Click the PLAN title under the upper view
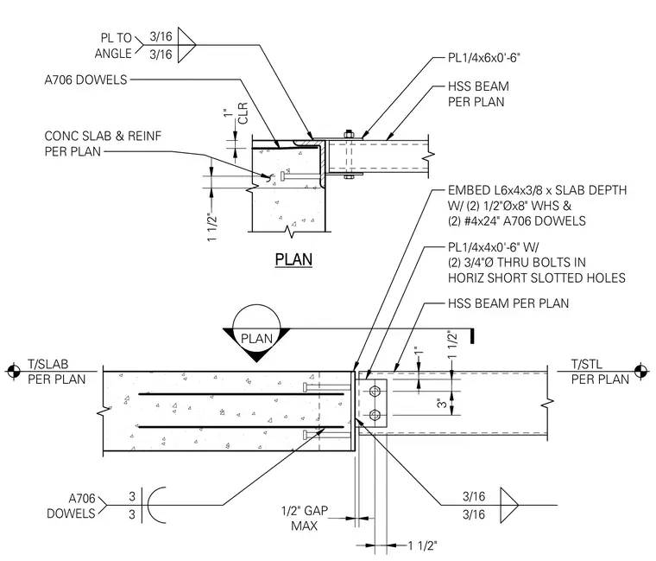tap(293, 259)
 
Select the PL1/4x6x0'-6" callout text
tap(483, 57)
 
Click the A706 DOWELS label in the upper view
tap(85, 80)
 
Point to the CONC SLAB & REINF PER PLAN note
tap(103, 143)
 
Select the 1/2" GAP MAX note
tap(305, 518)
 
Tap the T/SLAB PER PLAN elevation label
tap(56, 372)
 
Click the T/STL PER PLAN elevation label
tap(600, 372)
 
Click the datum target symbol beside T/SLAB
tap(14, 371)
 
